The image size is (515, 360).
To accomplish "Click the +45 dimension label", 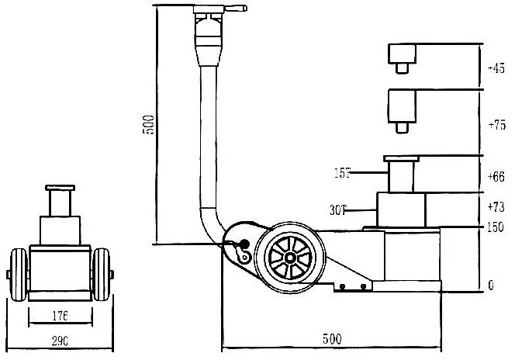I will click(x=496, y=68).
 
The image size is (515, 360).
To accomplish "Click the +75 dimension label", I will click(x=496, y=125).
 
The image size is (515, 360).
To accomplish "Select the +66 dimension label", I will click(x=496, y=177).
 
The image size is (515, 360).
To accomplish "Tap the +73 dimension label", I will click(x=496, y=208).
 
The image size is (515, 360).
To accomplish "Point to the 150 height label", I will click(x=496, y=228).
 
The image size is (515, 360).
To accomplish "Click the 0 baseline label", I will click(x=492, y=286).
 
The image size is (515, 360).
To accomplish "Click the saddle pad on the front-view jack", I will click(x=59, y=189).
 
